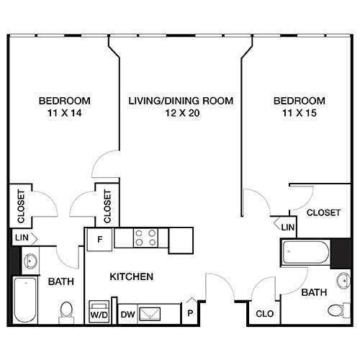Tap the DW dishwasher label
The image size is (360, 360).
[127, 314]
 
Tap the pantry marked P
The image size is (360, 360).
[189, 314]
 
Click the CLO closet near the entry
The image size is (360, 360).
[263, 314]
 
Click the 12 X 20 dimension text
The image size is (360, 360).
[181, 113]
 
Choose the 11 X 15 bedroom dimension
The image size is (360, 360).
[298, 113]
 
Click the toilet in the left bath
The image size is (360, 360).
[66, 310]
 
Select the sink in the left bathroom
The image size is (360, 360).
[31, 260]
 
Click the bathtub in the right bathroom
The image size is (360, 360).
[306, 253]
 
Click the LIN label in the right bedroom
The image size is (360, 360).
[288, 228]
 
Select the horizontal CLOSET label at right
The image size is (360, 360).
[323, 212]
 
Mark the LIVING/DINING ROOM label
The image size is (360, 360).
[181, 101]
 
